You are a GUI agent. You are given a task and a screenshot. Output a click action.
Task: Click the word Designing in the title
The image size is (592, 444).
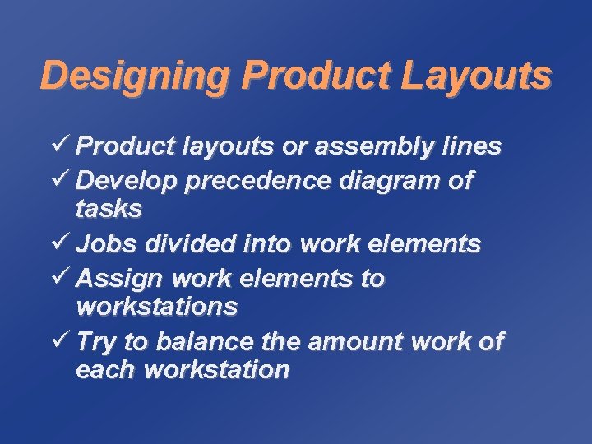[135, 76]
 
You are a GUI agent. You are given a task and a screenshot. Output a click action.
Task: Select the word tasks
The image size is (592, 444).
[109, 210]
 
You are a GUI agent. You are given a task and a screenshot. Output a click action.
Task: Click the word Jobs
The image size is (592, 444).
[104, 244]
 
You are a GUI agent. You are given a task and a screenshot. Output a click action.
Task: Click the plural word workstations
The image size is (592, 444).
[156, 308]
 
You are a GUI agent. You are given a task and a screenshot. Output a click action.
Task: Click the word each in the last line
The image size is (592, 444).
[105, 370]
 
